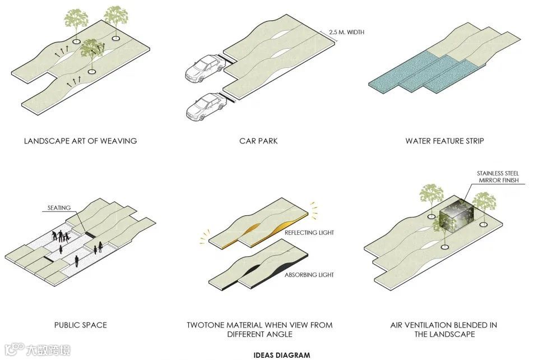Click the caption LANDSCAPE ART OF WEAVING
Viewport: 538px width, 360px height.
80,141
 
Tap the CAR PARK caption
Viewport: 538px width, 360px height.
258,141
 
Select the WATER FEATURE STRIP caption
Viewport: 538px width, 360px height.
444,141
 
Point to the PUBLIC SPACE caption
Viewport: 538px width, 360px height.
80,325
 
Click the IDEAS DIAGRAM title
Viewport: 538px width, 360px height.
281,355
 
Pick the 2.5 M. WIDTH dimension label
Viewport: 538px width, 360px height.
346,33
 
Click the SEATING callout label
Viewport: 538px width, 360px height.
59,208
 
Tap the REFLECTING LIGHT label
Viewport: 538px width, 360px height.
309,232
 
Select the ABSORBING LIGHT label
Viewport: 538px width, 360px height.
309,275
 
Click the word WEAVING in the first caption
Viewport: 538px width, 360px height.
118,141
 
